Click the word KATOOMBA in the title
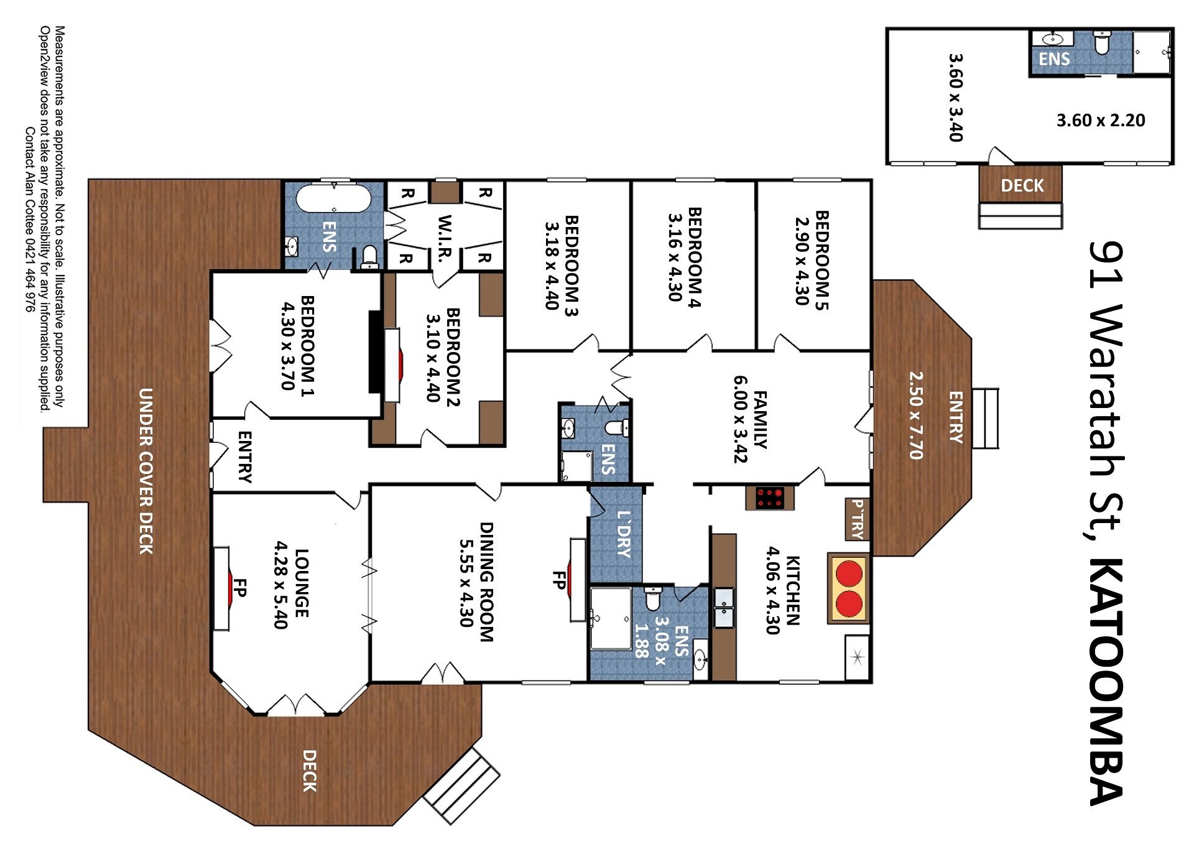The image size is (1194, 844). pyautogui.click(x=1108, y=681)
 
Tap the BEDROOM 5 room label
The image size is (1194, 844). pyautogui.click(x=821, y=260)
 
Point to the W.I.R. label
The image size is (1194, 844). pyautogui.click(x=444, y=239)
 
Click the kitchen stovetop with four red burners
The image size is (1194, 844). pyautogui.click(x=769, y=498)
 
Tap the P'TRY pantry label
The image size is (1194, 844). pyautogui.click(x=857, y=519)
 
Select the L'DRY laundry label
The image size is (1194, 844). pyautogui.click(x=624, y=534)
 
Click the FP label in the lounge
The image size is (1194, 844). pyautogui.click(x=240, y=588)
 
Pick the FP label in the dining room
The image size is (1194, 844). pyautogui.click(x=558, y=580)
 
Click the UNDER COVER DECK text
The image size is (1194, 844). pyautogui.click(x=146, y=471)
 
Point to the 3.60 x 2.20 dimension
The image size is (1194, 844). pyautogui.click(x=1101, y=120)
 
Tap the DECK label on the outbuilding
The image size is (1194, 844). pyautogui.click(x=1022, y=185)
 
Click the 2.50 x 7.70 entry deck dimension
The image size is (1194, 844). pyautogui.click(x=915, y=415)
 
